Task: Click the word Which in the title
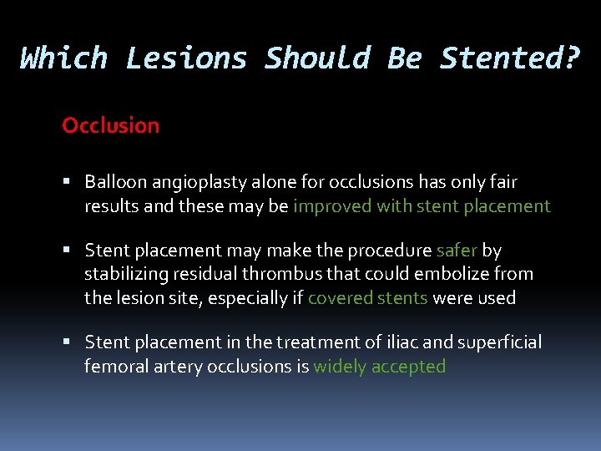[64, 58]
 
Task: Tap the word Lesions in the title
[186, 58]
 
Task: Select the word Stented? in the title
[508, 58]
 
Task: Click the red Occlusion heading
[110, 126]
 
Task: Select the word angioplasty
[198, 182]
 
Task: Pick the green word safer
[457, 251]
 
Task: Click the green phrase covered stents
[367, 298]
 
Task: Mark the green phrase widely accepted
[379, 367]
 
